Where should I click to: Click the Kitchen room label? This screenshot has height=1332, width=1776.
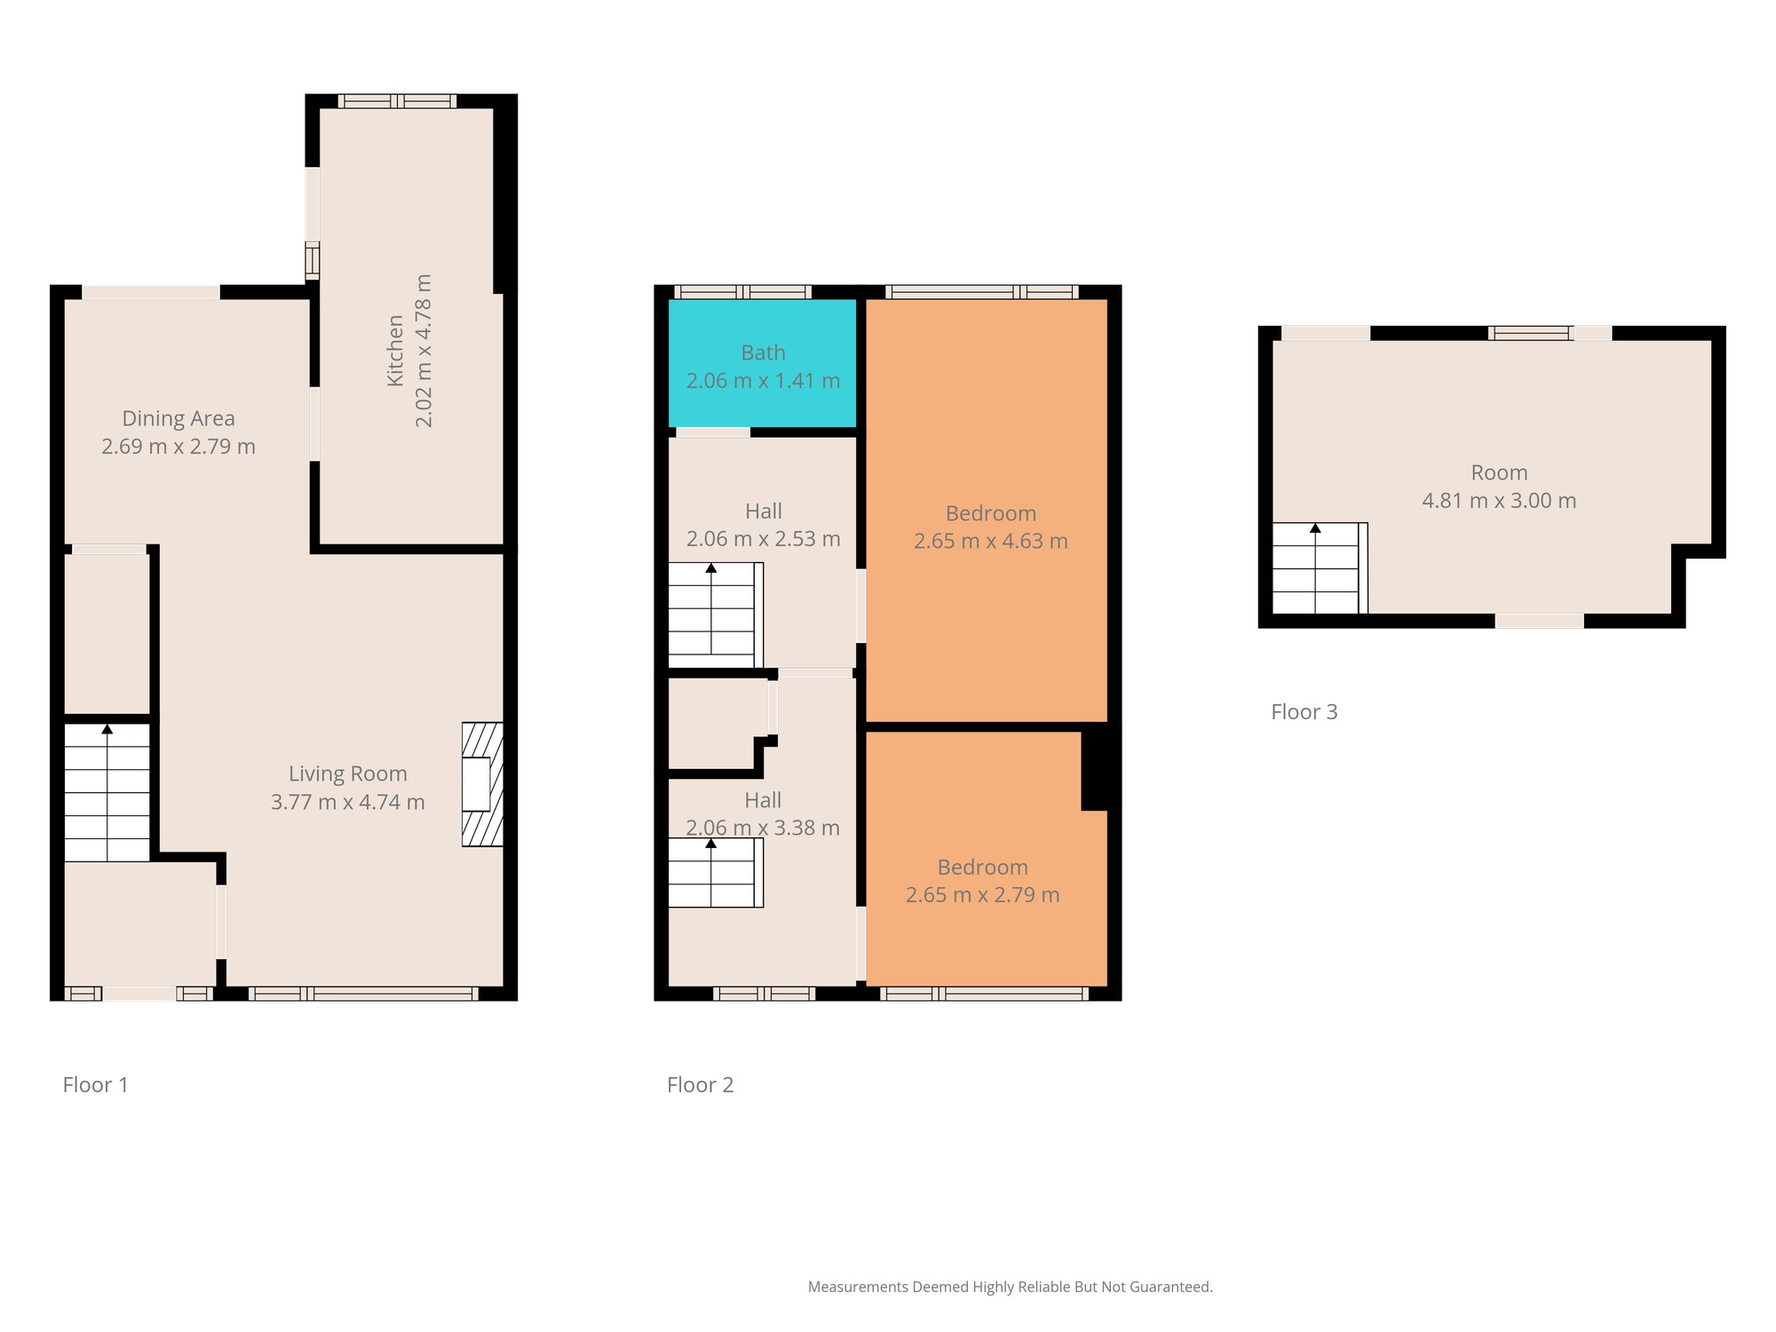[396, 351]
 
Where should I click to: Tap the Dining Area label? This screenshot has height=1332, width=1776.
[178, 418]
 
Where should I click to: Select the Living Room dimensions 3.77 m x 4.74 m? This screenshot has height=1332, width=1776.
[348, 802]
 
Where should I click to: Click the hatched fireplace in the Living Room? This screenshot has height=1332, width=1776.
[482, 784]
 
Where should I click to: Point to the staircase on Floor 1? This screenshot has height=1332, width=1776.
[107, 792]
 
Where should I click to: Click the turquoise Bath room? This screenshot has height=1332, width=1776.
[763, 363]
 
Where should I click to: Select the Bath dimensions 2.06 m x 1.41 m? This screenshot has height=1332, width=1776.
[764, 381]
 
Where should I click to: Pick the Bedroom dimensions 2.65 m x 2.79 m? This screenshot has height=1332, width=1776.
[983, 895]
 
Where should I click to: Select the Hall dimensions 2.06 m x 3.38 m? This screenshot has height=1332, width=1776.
[763, 828]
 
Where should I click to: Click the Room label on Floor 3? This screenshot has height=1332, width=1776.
[1500, 472]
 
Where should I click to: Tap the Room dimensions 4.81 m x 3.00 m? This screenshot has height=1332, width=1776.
[1500, 501]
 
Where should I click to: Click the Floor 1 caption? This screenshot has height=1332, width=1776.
[96, 1084]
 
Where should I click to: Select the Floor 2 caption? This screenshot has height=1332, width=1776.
[701, 1084]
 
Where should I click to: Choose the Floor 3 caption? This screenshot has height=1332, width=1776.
[1304, 711]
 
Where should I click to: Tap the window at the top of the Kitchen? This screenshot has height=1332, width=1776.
[397, 101]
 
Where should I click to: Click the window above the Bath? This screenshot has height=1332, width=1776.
[743, 292]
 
